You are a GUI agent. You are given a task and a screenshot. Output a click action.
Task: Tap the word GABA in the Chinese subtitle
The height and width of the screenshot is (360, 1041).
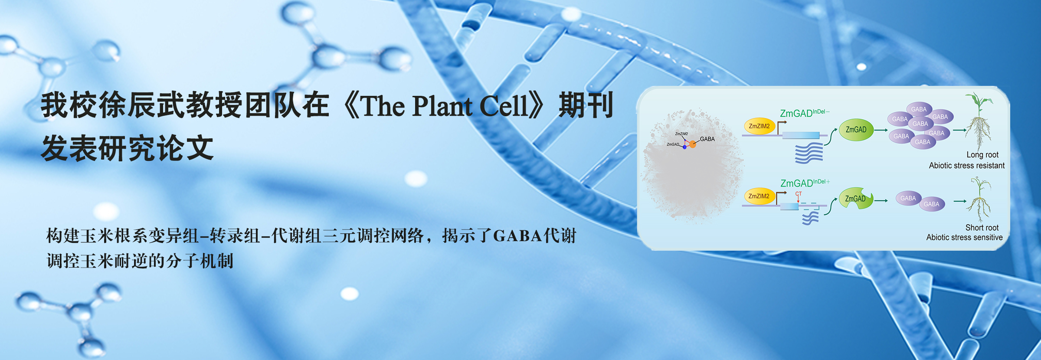(x=518, y=236)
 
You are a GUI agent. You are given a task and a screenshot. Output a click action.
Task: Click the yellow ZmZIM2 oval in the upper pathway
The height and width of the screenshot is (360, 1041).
(x=759, y=126)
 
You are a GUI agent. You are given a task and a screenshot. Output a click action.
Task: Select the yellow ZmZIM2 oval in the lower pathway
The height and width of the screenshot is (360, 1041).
(x=759, y=196)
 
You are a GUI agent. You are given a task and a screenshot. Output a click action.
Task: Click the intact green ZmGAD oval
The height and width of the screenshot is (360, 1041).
(x=856, y=130)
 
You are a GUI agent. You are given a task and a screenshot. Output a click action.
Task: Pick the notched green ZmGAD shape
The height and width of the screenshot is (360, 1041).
(x=855, y=199)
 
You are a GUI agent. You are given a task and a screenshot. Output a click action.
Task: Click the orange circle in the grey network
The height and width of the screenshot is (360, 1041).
(x=693, y=144)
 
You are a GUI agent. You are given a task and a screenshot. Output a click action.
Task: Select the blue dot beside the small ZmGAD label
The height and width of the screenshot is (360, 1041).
(x=684, y=147)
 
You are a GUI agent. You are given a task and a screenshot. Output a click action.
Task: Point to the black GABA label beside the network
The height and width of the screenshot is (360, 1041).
(x=707, y=139)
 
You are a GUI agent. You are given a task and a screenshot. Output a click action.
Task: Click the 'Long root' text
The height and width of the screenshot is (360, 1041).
(x=982, y=155)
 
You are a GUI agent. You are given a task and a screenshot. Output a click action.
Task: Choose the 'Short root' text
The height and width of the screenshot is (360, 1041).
(x=982, y=228)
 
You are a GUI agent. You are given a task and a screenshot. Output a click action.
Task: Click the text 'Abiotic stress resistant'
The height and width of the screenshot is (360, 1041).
(x=967, y=166)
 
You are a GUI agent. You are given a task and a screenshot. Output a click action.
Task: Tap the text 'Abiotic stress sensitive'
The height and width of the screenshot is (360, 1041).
(x=965, y=238)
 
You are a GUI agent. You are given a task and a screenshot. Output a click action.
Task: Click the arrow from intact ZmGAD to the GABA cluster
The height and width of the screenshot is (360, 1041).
(x=881, y=130)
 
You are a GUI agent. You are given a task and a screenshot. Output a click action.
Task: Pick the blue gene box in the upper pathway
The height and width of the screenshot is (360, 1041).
(x=801, y=136)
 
